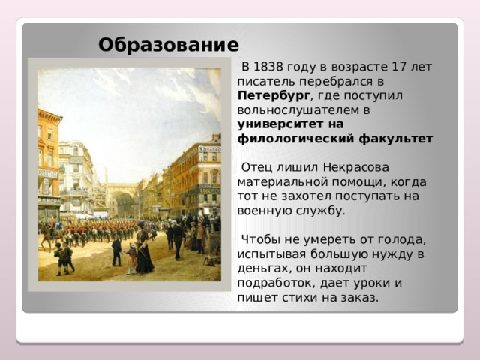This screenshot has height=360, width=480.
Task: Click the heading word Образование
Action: (x=168, y=44)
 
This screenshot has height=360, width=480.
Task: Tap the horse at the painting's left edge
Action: (x=49, y=236)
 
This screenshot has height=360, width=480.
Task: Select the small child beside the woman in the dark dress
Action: (x=132, y=258)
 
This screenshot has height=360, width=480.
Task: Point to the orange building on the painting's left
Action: (x=49, y=161)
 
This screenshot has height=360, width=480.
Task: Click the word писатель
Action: (x=263, y=81)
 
